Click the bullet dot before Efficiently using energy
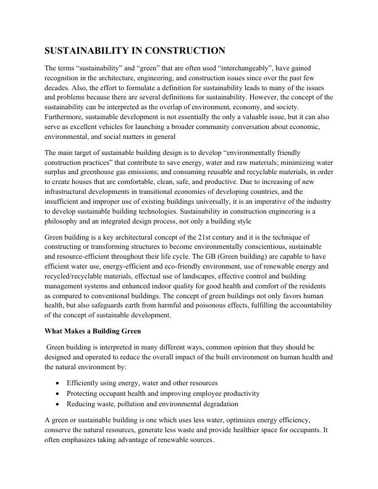tap(57, 383)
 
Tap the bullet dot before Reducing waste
tap(57, 404)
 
